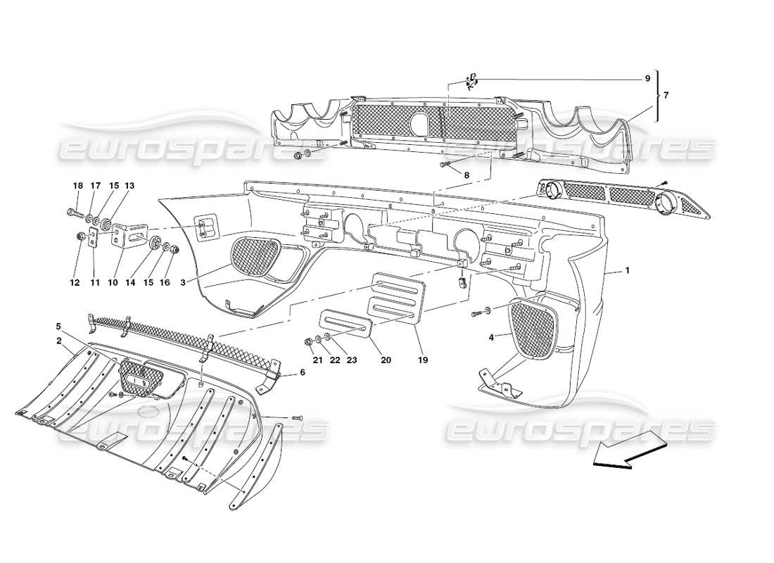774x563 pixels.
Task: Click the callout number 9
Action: point(647,79)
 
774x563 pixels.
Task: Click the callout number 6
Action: point(302,372)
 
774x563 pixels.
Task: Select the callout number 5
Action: point(59,327)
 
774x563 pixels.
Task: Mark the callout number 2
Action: point(59,341)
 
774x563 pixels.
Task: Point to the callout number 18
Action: point(77,186)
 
